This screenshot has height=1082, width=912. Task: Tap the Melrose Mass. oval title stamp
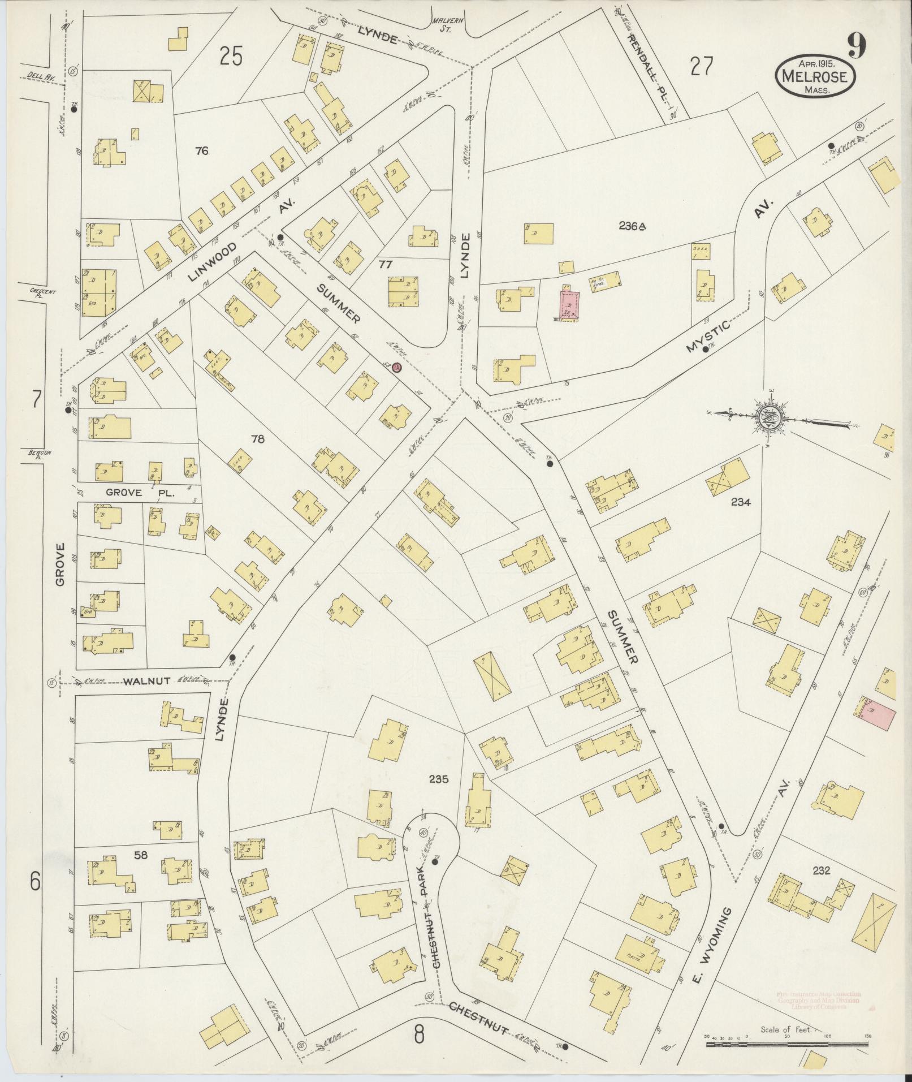coord(814,77)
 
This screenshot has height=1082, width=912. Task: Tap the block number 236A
coord(632,226)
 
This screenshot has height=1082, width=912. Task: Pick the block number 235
coord(438,779)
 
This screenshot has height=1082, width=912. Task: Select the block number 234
coord(740,501)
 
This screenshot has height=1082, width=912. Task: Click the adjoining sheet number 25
coord(231,57)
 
